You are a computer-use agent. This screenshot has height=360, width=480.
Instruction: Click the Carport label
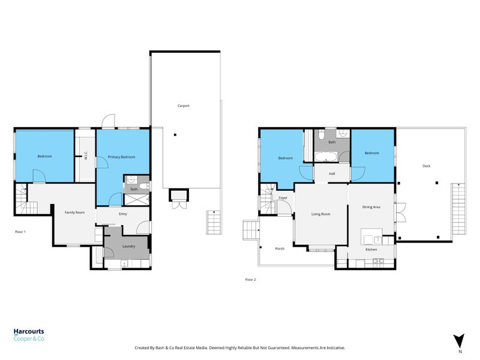tap(184, 106)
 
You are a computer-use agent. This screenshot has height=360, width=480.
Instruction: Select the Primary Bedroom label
tap(121, 157)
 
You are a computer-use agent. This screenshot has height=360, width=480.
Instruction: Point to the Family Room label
tap(75, 212)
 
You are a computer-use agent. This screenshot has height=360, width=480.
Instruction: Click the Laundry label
tap(128, 246)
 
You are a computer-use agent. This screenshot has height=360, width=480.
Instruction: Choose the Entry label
tap(123, 214)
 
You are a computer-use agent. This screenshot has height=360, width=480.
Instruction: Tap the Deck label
tap(427, 166)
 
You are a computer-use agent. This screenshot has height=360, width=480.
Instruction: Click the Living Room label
tap(320, 214)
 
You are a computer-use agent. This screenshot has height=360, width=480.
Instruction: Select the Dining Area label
tap(371, 207)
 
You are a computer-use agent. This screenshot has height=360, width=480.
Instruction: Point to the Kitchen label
tap(371, 249)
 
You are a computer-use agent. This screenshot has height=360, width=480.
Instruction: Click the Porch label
tap(280, 248)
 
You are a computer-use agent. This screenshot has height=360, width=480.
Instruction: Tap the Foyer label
tap(283, 197)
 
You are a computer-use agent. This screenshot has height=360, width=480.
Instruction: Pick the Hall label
tap(332, 173)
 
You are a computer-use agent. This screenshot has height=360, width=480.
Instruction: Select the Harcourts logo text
tap(29, 331)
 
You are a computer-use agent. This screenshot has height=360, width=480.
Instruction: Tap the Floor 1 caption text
tap(21, 231)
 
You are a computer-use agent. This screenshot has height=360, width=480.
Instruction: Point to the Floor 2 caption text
tap(251, 279)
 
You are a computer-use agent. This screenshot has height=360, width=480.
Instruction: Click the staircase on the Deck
tap(458, 210)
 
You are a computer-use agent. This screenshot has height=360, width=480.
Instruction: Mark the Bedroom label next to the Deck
tap(372, 153)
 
